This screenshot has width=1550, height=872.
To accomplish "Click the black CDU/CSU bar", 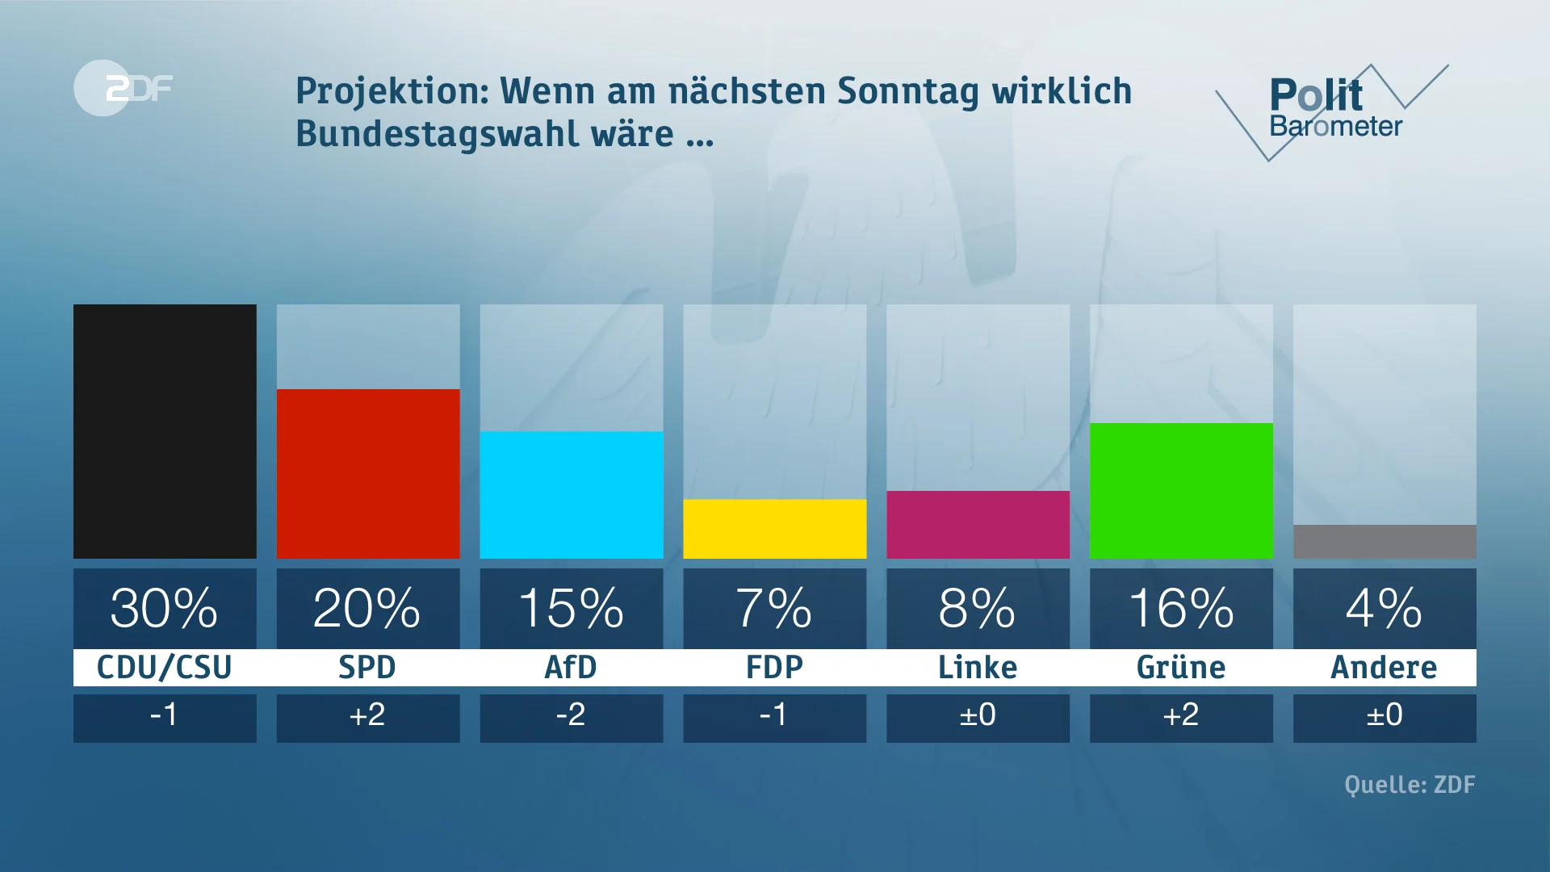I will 165,431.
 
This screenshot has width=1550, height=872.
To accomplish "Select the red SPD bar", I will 368,474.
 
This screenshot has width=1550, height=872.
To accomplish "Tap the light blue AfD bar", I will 572,495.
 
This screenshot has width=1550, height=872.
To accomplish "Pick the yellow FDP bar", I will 775,529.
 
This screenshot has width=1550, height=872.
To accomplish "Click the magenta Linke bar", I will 978,525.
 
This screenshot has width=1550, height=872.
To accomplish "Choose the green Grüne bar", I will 1181,491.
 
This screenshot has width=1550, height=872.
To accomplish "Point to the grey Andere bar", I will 1385,542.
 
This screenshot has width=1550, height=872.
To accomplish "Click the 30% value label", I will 165,608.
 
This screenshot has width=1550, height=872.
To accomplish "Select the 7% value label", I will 775,608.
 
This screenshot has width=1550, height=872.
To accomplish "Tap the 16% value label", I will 1181,608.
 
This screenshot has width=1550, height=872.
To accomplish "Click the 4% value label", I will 1385,608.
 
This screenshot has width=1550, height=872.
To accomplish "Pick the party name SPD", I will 367,668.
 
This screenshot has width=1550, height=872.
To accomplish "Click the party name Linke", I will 978,668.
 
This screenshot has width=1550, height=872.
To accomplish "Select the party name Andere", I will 1384,668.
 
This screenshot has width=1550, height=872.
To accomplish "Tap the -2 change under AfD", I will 571,715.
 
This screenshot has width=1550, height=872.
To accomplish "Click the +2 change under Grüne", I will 1181,715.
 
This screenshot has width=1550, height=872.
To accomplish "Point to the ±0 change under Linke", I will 978,715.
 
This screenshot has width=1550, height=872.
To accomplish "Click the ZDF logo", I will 125,88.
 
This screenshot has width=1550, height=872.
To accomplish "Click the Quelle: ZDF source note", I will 1410,785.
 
